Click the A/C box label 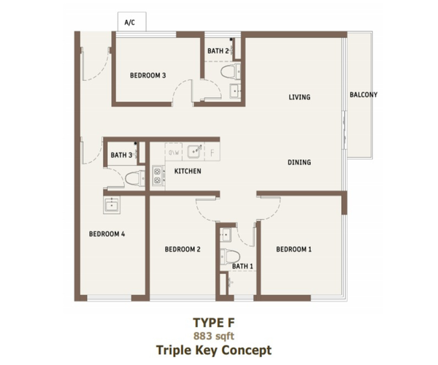(x=130, y=23)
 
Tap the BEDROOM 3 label (x=148, y=75)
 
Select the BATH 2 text (x=218, y=51)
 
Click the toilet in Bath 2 (x=231, y=72)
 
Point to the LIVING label (x=299, y=97)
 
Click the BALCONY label (x=364, y=95)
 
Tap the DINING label (x=299, y=162)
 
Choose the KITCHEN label (x=188, y=172)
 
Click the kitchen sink (x=193, y=152)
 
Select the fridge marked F (x=212, y=152)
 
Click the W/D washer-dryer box (x=174, y=152)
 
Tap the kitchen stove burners (x=158, y=175)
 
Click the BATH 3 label (x=121, y=155)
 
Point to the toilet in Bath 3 (x=135, y=179)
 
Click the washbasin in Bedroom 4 (x=112, y=205)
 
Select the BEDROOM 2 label (x=182, y=249)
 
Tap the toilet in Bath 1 (x=230, y=256)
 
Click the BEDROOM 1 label (x=294, y=249)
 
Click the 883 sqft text (x=214, y=336)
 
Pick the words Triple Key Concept (x=214, y=350)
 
